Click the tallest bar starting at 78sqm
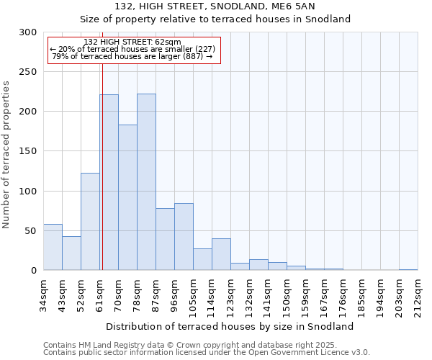point(146,182)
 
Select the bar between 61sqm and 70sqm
point(109,182)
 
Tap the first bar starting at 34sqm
point(53,247)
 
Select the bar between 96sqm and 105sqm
point(184,237)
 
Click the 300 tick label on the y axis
point(28,32)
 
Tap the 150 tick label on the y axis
point(28,151)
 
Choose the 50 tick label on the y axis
point(31,231)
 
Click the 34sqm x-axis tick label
point(44,293)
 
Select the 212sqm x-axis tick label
point(418,293)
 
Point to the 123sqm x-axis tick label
point(230,293)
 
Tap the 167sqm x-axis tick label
point(324,293)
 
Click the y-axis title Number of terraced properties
point(6,154)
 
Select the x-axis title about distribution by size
point(230,326)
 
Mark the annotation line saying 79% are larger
point(132,56)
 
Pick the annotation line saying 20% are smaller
point(132,49)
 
